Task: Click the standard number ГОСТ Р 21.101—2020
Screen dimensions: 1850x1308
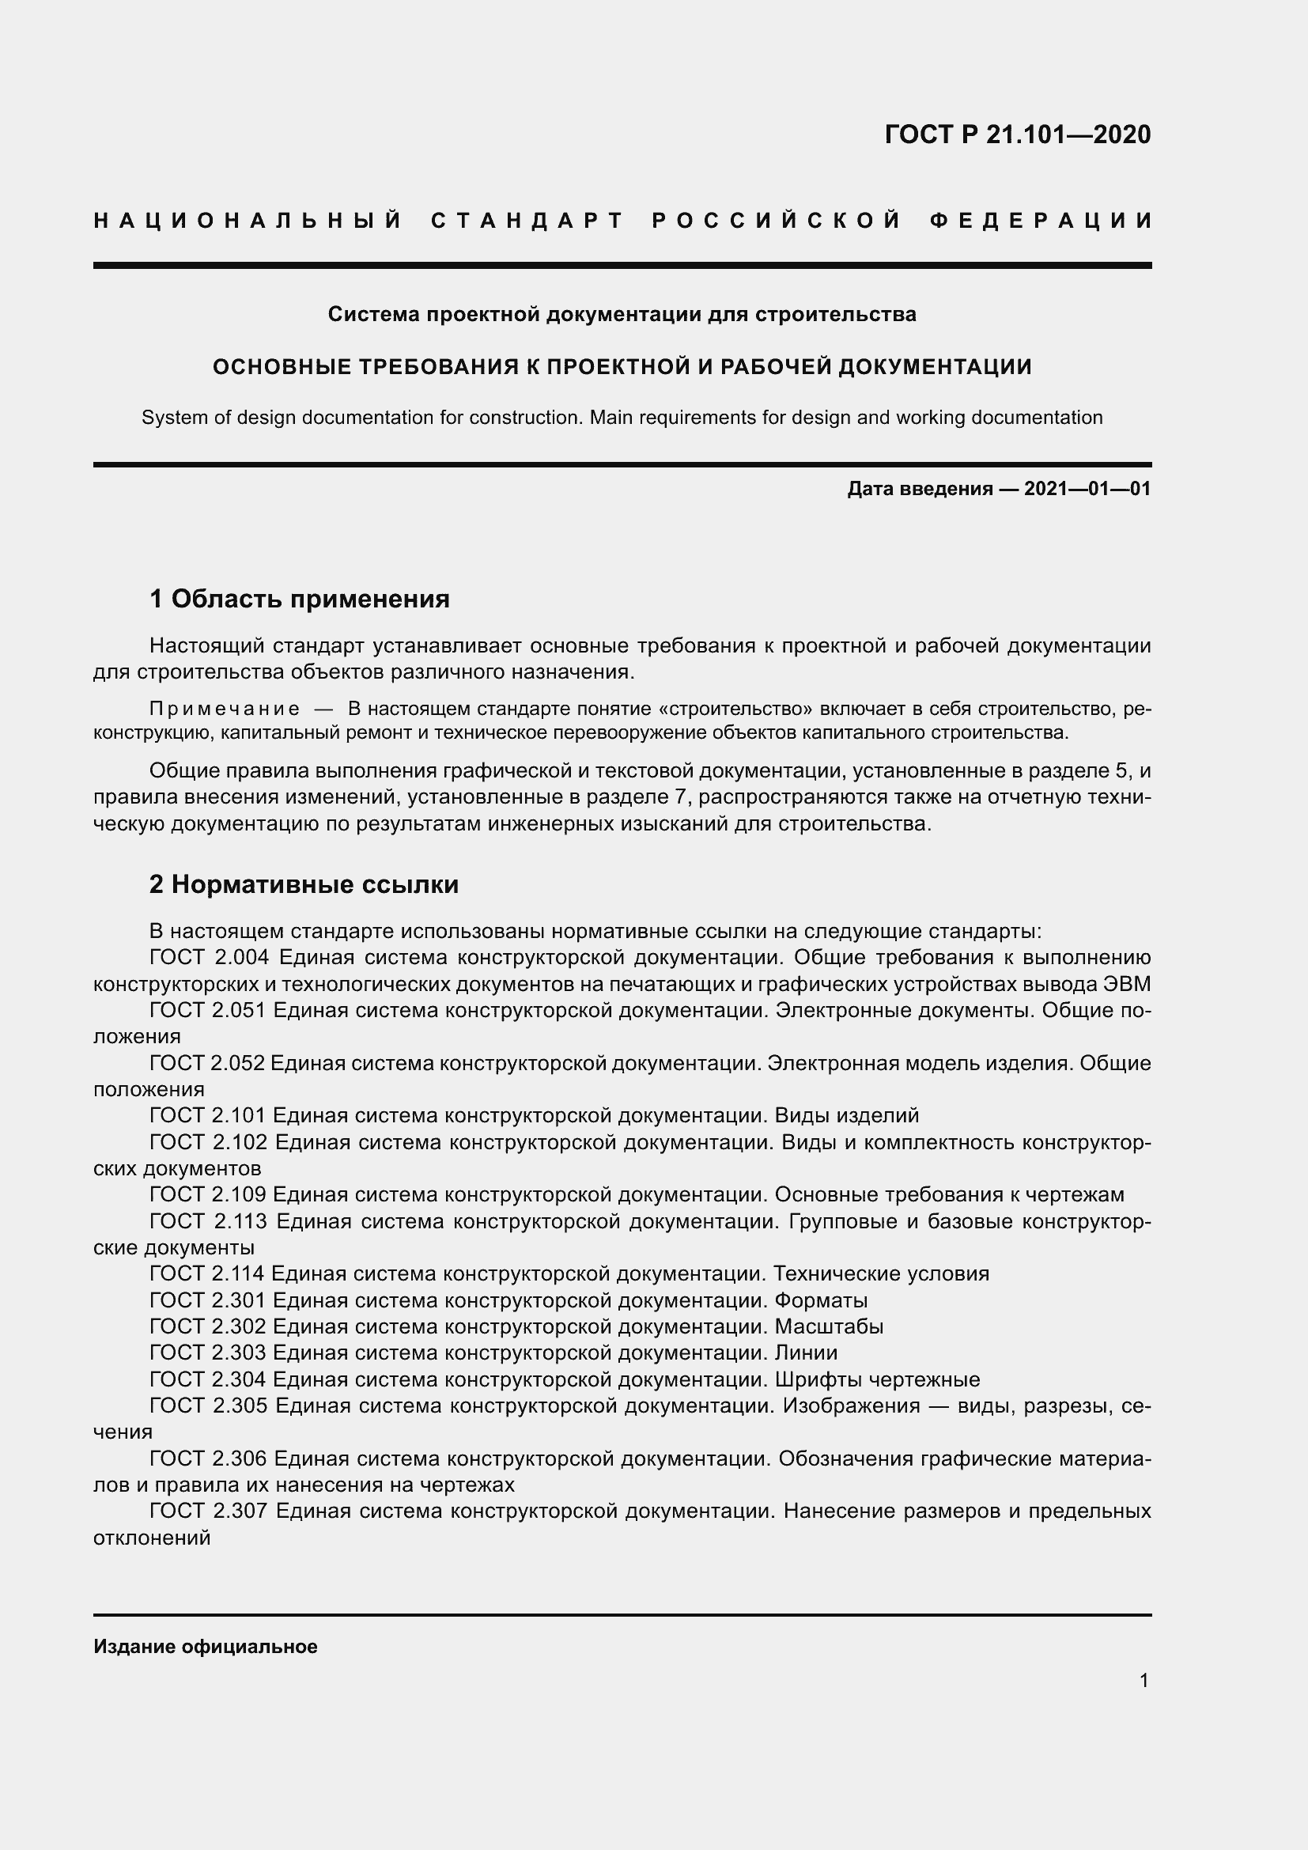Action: click(x=1017, y=134)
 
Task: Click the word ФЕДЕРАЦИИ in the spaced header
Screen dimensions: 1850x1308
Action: click(x=1041, y=221)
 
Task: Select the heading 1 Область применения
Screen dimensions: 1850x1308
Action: click(x=300, y=599)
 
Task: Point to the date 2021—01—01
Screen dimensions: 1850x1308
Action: click(x=1087, y=488)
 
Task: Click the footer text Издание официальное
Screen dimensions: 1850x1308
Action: click(x=206, y=1646)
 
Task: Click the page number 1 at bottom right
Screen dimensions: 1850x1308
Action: click(x=1144, y=1680)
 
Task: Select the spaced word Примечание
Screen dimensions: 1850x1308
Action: click(x=225, y=709)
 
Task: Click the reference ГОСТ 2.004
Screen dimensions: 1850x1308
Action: click(x=208, y=957)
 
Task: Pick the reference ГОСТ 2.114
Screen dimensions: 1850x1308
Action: click(x=207, y=1274)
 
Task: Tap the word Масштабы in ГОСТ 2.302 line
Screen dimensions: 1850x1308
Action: click(x=829, y=1326)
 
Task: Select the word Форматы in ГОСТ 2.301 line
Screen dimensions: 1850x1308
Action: click(x=821, y=1300)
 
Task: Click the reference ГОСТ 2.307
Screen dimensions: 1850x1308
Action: click(x=208, y=1511)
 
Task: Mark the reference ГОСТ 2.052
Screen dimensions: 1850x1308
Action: click(x=207, y=1063)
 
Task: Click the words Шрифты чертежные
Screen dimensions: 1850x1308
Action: click(x=877, y=1379)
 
